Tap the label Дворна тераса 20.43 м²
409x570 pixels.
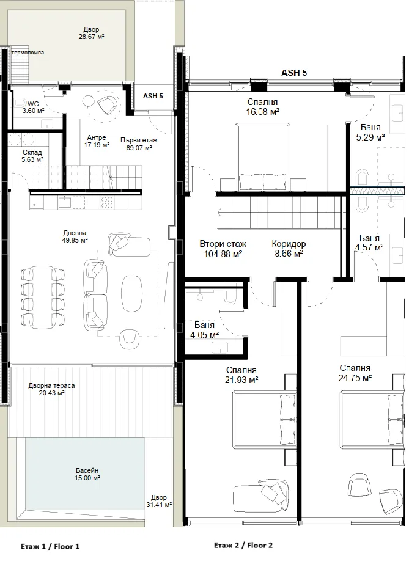(52, 389)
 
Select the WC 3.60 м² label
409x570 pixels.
(33, 108)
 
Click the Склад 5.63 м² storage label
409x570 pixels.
(32, 156)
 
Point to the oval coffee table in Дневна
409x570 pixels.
(131, 293)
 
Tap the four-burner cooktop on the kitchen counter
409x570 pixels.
(107, 202)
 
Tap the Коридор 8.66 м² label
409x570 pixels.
(289, 249)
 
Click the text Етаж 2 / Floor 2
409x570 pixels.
(243, 545)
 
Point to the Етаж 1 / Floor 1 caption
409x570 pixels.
(50, 546)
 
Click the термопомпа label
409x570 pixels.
(28, 53)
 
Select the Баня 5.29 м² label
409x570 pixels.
(370, 133)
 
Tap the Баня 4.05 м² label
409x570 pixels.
(204, 330)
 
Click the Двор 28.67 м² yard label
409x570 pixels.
(91, 33)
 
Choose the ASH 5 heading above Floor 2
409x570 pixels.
(294, 73)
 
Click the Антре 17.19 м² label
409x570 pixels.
(97, 141)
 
